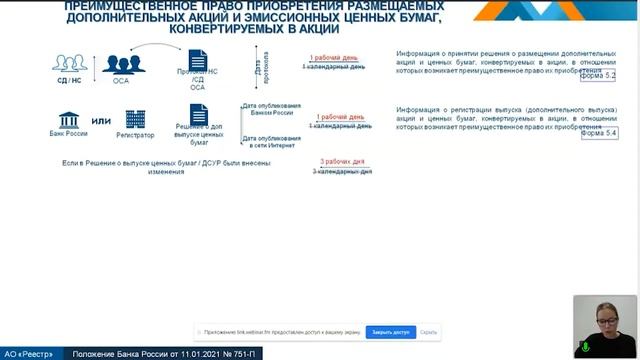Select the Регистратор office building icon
click(135, 119)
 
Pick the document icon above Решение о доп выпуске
click(198, 117)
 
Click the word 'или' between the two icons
click(101, 122)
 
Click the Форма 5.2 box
click(599, 76)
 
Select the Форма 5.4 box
click(599, 133)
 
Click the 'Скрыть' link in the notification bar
click(429, 331)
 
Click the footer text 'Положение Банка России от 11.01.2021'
click(150, 353)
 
